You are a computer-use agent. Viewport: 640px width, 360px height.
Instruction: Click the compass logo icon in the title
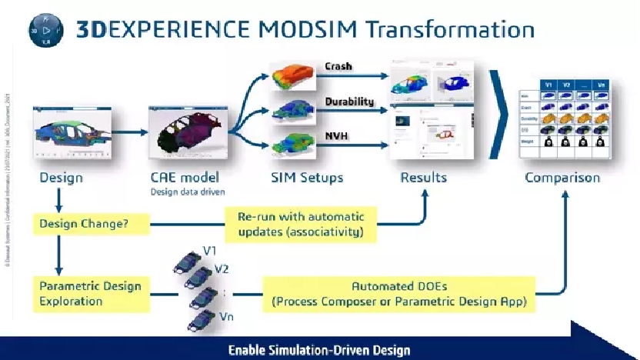point(45,31)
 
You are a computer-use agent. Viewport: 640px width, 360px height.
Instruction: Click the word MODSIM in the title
point(296,30)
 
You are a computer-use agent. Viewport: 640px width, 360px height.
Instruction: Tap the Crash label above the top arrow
point(338,66)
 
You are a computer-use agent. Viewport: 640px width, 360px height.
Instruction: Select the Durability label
point(348,102)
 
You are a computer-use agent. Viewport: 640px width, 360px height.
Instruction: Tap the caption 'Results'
point(423,178)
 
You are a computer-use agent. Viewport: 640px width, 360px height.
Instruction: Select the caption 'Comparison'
point(562,178)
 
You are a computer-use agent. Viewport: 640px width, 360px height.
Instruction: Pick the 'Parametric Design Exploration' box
point(90,293)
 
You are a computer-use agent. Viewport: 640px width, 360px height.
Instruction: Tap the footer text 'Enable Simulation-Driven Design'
point(319,350)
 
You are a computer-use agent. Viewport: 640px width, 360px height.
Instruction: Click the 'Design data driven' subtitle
point(182,191)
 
